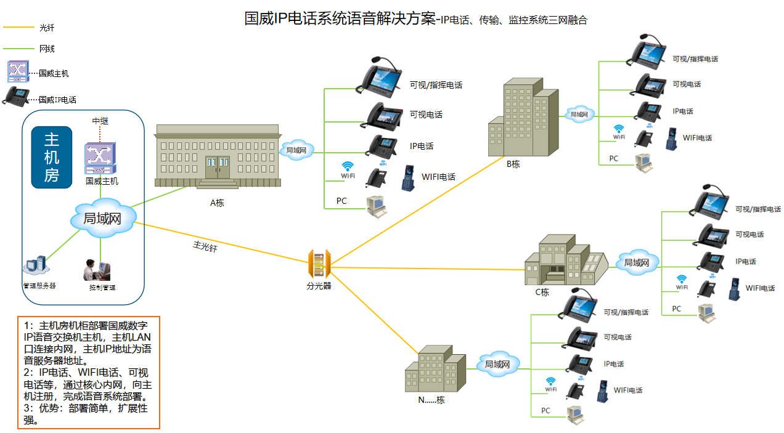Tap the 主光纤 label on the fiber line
[x=205, y=246]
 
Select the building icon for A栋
[x=217, y=156]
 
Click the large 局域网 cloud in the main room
[x=102, y=218]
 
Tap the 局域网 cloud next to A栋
[x=297, y=150]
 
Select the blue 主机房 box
[x=51, y=157]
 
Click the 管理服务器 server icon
[x=36, y=265]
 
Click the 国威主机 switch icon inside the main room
[x=100, y=158]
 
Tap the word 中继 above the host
[x=100, y=121]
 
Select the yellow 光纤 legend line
[x=18, y=28]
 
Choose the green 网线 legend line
[x=18, y=49]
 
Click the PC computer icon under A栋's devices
[x=376, y=206]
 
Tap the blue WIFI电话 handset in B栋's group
[x=671, y=139]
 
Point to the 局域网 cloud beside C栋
[x=636, y=262]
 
